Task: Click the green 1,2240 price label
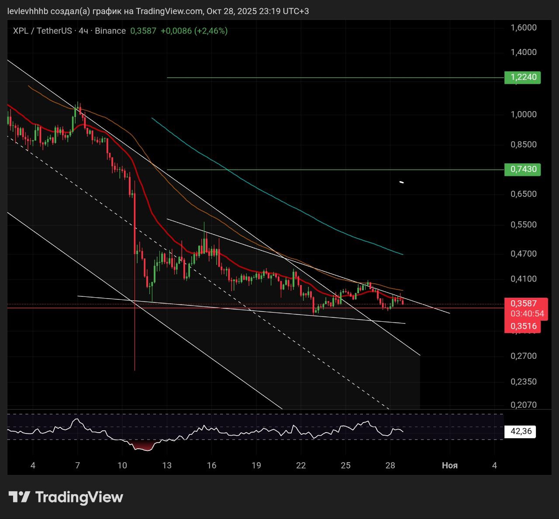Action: point(522,78)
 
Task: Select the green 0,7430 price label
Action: point(522,169)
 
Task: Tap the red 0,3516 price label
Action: point(524,326)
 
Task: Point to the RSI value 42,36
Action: point(521,431)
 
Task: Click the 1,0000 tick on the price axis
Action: point(524,114)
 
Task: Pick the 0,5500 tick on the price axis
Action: point(524,224)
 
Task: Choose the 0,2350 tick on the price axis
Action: point(524,382)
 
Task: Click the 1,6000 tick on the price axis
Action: point(524,27)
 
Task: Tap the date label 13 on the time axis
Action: point(167,465)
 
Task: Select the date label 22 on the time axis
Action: point(301,465)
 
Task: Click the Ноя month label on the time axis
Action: point(450,465)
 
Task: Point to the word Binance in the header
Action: point(110,31)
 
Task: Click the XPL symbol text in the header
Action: point(21,31)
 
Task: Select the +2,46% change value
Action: point(211,31)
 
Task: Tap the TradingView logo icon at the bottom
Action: point(19,497)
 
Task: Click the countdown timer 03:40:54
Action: point(527,314)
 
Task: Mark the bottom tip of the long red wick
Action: point(135,371)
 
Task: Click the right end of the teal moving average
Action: point(403,254)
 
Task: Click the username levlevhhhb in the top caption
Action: point(28,11)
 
